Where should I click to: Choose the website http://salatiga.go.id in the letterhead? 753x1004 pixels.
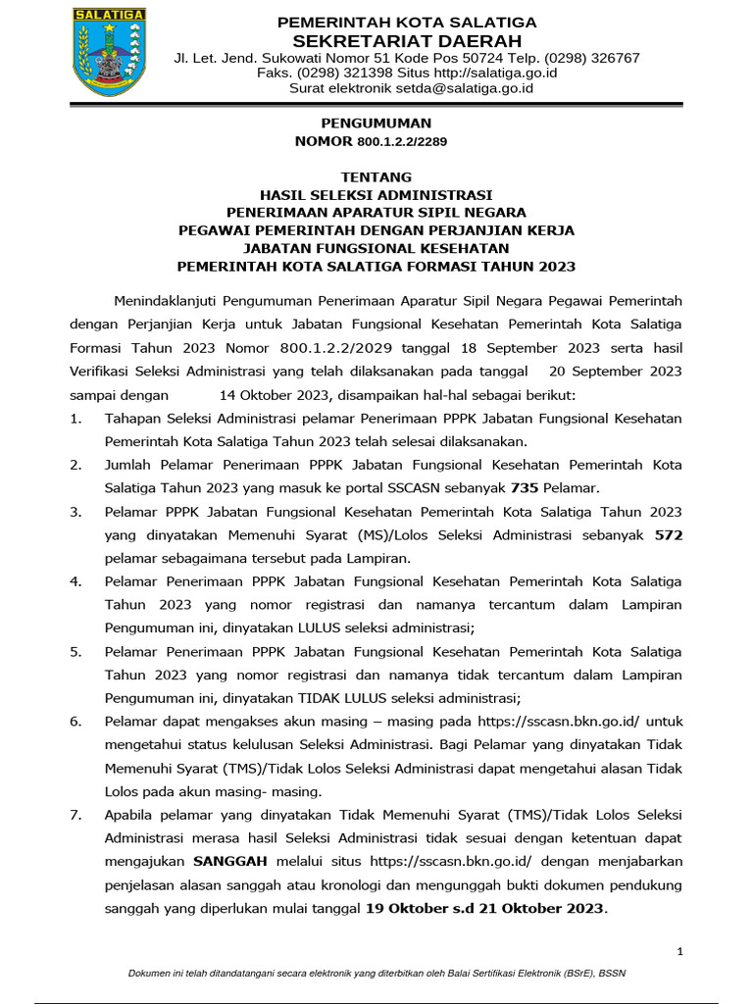point(495,74)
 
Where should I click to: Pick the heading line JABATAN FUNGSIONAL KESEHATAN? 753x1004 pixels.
point(376,248)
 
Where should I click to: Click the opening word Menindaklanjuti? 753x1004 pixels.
point(165,300)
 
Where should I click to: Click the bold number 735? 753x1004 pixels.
point(525,487)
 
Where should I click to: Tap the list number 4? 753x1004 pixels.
point(75,582)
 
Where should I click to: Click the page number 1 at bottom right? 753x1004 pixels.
point(680,951)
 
